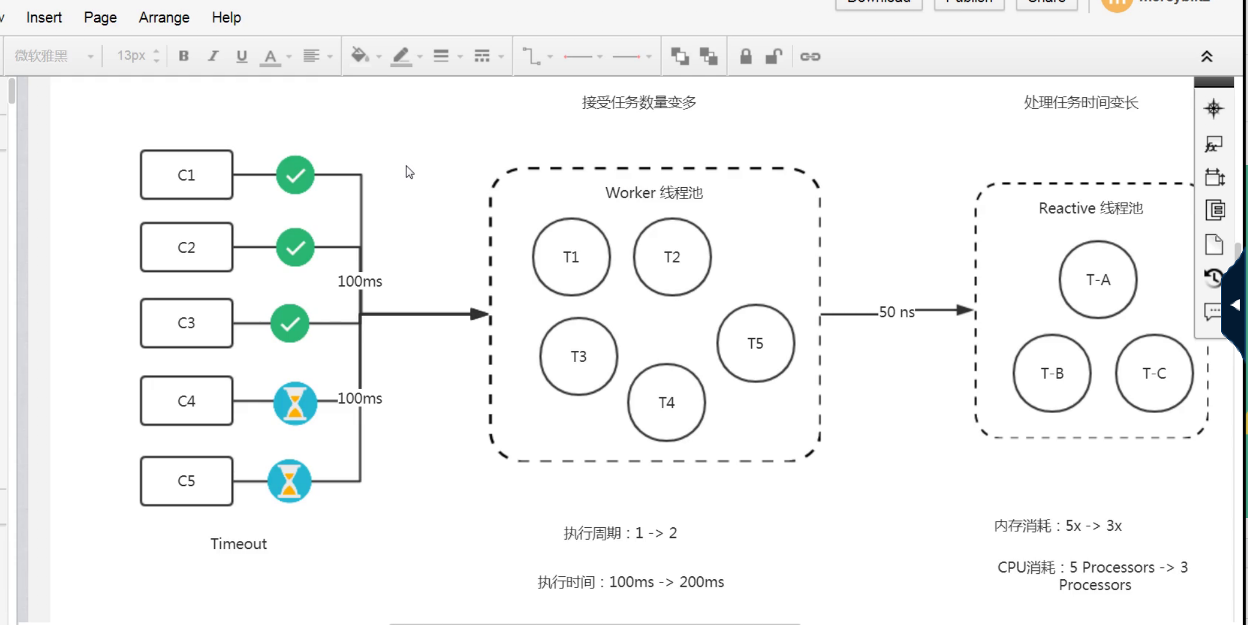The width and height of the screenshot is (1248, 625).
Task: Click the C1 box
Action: [186, 175]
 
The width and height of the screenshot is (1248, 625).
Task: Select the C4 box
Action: [186, 401]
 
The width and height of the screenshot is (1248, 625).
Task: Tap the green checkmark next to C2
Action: [295, 247]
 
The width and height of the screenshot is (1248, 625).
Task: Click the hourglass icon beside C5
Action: [289, 481]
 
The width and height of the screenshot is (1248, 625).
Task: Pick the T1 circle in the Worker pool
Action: [571, 257]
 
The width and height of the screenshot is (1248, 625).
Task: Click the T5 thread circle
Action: [755, 343]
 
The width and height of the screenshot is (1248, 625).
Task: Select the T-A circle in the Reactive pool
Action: [1098, 280]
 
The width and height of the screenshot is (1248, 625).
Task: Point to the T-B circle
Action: [1052, 373]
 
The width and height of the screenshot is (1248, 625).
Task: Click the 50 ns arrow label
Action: [896, 312]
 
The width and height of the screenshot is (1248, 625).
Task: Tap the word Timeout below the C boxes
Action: [238, 544]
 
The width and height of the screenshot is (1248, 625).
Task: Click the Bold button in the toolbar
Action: [184, 56]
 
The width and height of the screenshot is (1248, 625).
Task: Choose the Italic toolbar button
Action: [213, 56]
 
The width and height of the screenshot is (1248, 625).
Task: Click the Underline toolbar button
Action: [241, 56]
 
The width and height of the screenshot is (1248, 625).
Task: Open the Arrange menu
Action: [164, 18]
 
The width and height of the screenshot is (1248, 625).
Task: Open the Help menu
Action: [226, 18]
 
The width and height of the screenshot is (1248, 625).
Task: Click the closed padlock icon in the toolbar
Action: [745, 56]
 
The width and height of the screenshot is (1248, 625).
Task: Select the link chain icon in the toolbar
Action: [810, 56]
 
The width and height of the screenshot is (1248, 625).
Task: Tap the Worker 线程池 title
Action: [654, 193]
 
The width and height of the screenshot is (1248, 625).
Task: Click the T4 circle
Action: [666, 403]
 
